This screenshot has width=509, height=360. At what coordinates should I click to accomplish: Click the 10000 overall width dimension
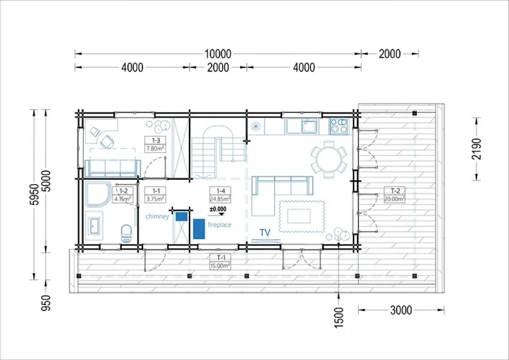pyautogui.click(x=218, y=54)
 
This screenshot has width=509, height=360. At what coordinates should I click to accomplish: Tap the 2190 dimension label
pyautogui.click(x=476, y=149)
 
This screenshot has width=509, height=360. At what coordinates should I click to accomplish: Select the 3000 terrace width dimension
pyautogui.click(x=401, y=310)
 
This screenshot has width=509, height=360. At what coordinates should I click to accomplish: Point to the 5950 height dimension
pyautogui.click(x=34, y=194)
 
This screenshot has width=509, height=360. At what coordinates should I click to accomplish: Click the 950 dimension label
pyautogui.click(x=46, y=303)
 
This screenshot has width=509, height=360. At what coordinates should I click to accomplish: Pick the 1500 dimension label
pyautogui.click(x=339, y=318)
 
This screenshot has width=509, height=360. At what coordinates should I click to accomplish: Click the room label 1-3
pyautogui.click(x=156, y=140)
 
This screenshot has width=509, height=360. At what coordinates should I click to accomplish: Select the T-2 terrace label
pyautogui.click(x=395, y=190)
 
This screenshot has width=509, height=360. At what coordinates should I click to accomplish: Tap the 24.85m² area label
pyautogui.click(x=220, y=199)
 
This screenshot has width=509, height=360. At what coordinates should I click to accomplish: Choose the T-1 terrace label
pyautogui.click(x=221, y=258)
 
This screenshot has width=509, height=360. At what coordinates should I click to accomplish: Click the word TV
pyautogui.click(x=265, y=232)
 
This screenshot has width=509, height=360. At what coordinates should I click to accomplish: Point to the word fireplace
pyautogui.click(x=219, y=224)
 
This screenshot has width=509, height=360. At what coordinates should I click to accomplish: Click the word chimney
pyautogui.click(x=157, y=216)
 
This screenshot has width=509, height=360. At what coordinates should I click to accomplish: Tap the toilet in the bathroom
pyautogui.click(x=126, y=233)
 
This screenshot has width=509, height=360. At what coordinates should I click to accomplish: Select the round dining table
pyautogui.click(x=329, y=159)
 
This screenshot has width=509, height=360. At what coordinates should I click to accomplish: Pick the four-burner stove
pyautogui.click(x=339, y=126)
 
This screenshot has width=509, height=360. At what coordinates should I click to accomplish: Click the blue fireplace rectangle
pyautogui.click(x=199, y=229)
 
